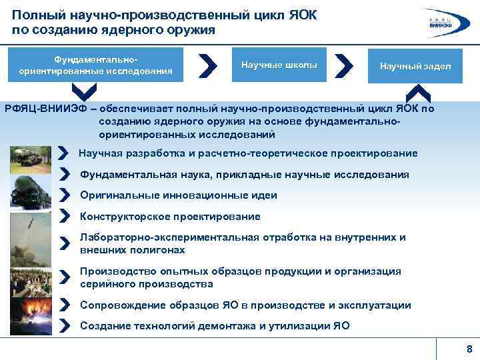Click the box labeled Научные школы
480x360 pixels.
tap(279, 65)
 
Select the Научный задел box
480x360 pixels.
tap(415, 65)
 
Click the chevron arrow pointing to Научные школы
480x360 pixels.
tap(209, 65)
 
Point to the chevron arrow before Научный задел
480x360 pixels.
tap(343, 65)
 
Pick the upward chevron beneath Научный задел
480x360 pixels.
tap(418, 93)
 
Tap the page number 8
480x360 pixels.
tap(469, 350)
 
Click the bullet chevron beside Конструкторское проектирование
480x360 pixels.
tap(65, 216)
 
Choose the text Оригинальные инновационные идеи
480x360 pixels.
tap(178, 195)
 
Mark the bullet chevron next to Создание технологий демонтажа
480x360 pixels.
tap(65, 325)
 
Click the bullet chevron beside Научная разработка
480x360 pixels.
tap(64, 153)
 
